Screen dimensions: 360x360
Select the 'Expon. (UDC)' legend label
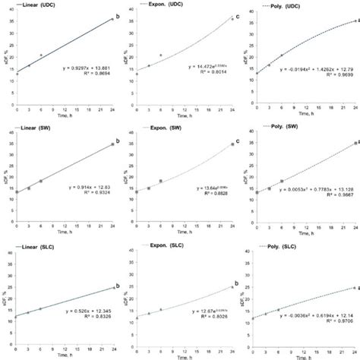point(161,5)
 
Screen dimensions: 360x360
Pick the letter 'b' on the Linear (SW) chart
point(117,138)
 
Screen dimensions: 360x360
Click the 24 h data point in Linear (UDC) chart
point(112,19)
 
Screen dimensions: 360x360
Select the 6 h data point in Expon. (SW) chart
point(160,181)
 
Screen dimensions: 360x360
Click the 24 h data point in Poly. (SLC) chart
point(353,288)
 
